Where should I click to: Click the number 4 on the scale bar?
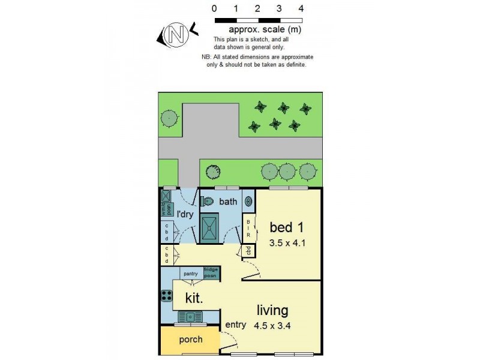pos(301,9)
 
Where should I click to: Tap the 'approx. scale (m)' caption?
pos(265,29)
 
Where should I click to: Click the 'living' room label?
pos(272,311)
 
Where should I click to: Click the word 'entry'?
pos(236,325)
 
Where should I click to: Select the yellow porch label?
pos(191,340)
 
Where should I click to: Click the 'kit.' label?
pos(193,298)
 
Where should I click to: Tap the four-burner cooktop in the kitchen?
pos(166,295)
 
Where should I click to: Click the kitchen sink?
pos(190,316)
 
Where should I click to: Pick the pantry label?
pos(191,273)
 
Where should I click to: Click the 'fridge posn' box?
pos(212,272)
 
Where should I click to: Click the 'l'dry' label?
pos(184,214)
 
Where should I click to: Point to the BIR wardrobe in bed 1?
pos(248,229)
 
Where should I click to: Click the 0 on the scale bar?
pos(215,9)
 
